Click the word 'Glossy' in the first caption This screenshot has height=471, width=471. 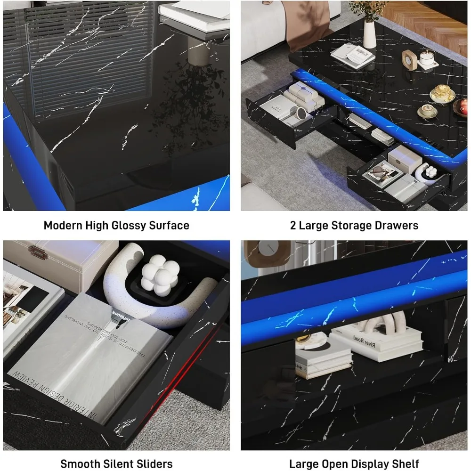(129, 226)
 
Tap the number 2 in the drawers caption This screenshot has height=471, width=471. (293, 226)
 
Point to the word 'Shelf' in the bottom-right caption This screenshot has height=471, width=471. (406, 464)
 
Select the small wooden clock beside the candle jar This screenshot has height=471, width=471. (409, 60)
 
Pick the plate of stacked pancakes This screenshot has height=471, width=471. (442, 93)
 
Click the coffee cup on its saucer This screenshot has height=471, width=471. (427, 111)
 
